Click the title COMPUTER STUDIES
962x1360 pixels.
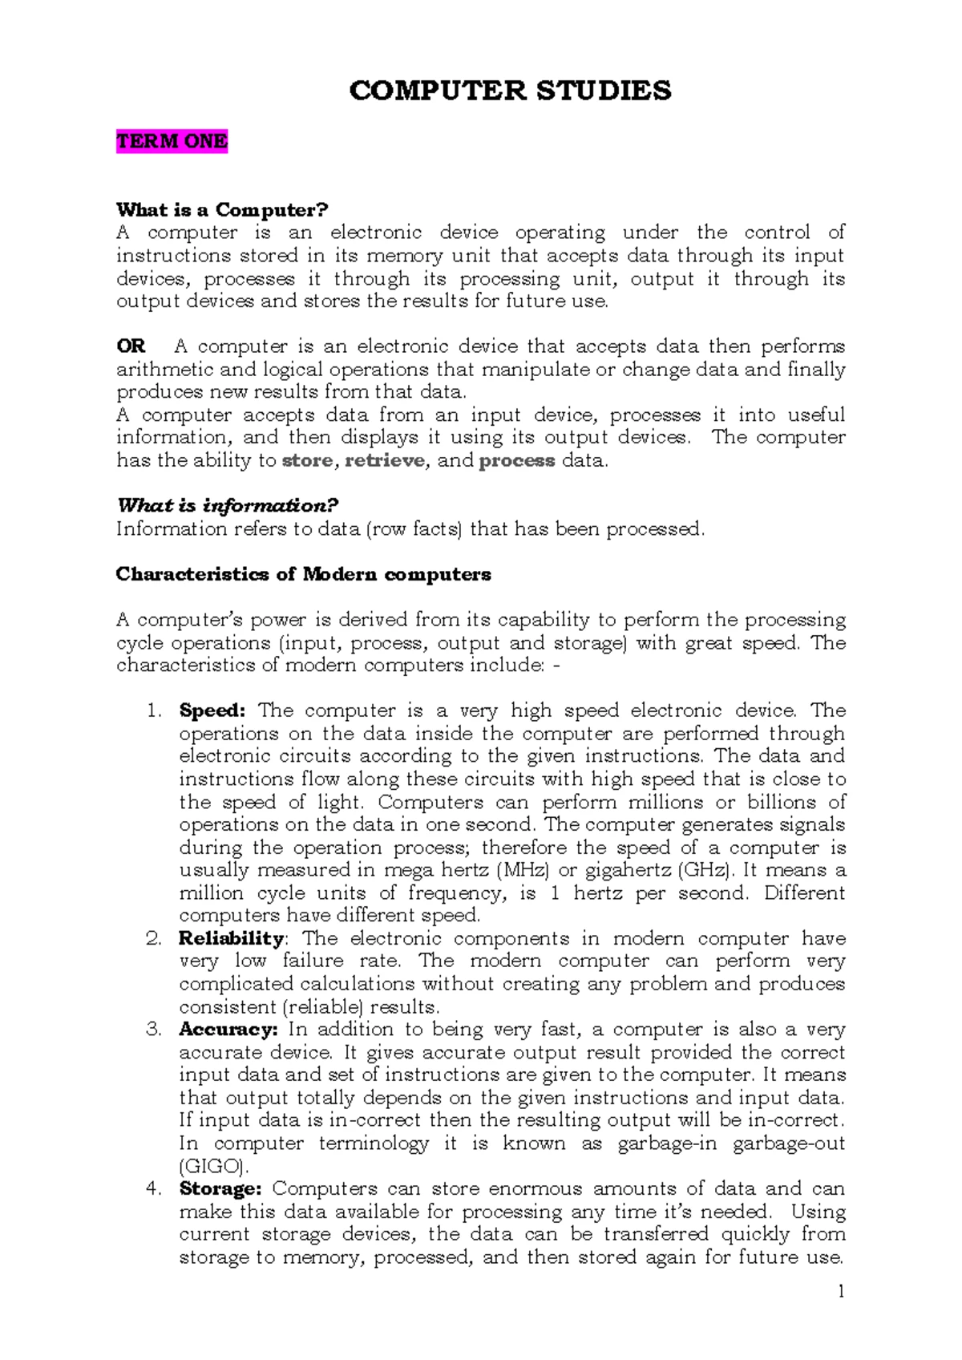pos(510,91)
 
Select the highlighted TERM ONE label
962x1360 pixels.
pos(172,141)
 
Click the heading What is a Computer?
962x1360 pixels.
pos(222,210)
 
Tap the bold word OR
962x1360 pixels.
pos(131,346)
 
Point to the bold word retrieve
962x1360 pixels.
pos(385,460)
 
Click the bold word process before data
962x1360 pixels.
pos(516,460)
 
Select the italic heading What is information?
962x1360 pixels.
pos(228,505)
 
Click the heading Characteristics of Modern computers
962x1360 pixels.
pos(303,574)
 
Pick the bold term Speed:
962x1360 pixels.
pos(212,710)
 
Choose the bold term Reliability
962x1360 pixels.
pos(231,938)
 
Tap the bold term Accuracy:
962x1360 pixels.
pos(228,1029)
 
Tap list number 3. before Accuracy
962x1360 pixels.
pos(154,1029)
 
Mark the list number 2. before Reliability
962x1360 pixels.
pos(154,938)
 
